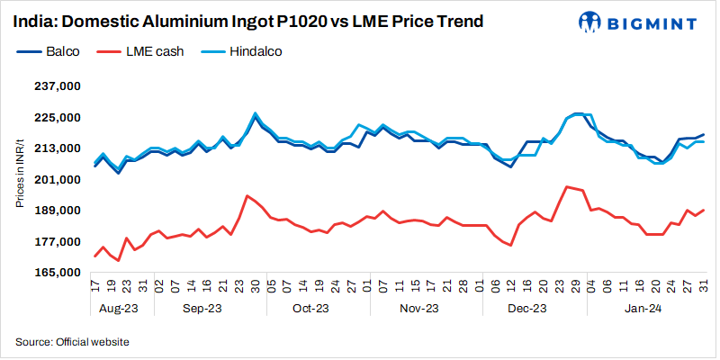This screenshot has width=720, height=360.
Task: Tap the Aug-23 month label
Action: click(x=119, y=309)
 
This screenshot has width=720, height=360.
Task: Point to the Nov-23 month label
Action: click(x=418, y=309)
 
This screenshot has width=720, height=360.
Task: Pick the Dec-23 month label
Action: click(x=527, y=309)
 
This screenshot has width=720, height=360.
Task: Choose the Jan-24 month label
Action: click(x=645, y=309)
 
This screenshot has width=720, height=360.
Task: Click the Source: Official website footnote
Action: click(x=72, y=342)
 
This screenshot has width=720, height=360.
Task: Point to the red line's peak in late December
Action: click(x=566, y=186)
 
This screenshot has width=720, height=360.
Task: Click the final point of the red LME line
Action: click(x=703, y=210)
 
